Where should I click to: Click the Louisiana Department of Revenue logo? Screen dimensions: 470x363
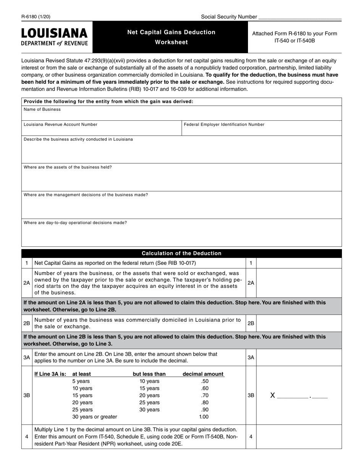(x=54, y=37)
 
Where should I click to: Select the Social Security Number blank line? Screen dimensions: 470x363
(x=300, y=17)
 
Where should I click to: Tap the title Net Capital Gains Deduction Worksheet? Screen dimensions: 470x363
(x=171, y=37)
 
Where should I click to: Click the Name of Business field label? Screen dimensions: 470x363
(x=42, y=109)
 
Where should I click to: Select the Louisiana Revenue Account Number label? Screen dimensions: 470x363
(x=60, y=124)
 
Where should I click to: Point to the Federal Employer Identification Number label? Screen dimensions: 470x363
(x=224, y=124)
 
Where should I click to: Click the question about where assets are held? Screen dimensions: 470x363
(x=68, y=167)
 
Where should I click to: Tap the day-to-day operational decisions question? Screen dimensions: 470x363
(x=75, y=222)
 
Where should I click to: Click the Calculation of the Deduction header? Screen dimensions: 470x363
(x=181, y=253)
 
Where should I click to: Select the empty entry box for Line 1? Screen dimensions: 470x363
(x=299, y=263)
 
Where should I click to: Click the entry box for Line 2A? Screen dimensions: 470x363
(x=299, y=283)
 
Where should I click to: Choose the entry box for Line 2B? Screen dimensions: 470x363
(x=299, y=323)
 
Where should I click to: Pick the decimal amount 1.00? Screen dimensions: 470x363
(x=204, y=417)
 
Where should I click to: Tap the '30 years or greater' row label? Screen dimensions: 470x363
(x=95, y=417)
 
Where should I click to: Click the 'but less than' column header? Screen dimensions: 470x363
(x=149, y=374)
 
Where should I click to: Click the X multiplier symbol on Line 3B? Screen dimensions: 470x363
(x=272, y=395)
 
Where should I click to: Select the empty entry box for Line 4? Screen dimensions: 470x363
(x=299, y=436)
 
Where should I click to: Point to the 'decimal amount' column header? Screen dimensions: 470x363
(x=203, y=374)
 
